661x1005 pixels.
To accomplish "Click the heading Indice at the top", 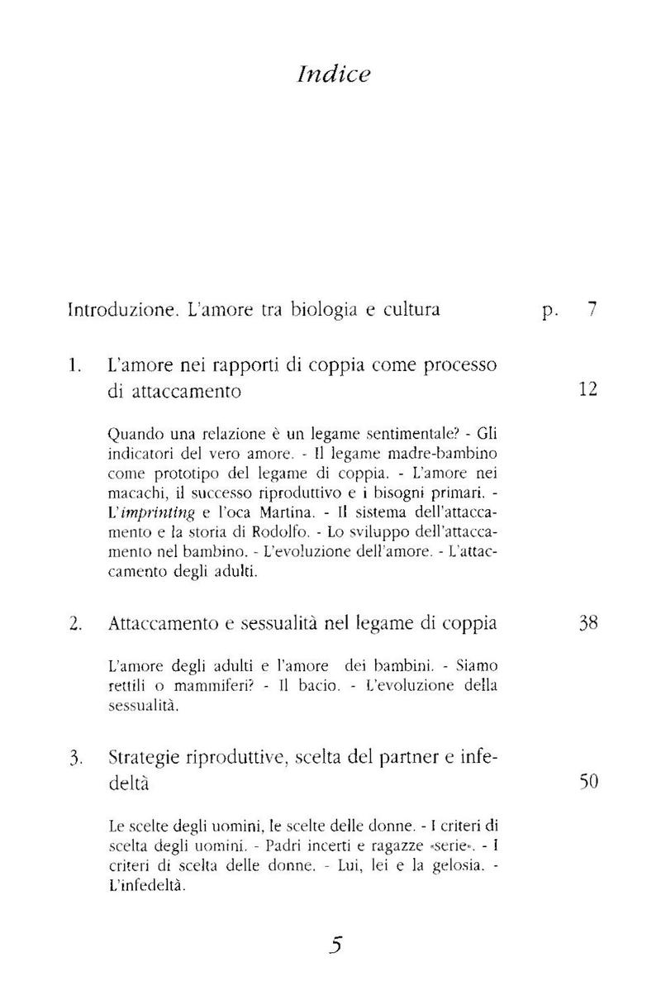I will pyautogui.click(x=332, y=74).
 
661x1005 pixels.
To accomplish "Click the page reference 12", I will pyautogui.click(x=587, y=388).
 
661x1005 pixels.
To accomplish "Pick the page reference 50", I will pyautogui.click(x=587, y=781).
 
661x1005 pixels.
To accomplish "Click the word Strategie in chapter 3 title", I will pyautogui.click(x=143, y=758).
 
